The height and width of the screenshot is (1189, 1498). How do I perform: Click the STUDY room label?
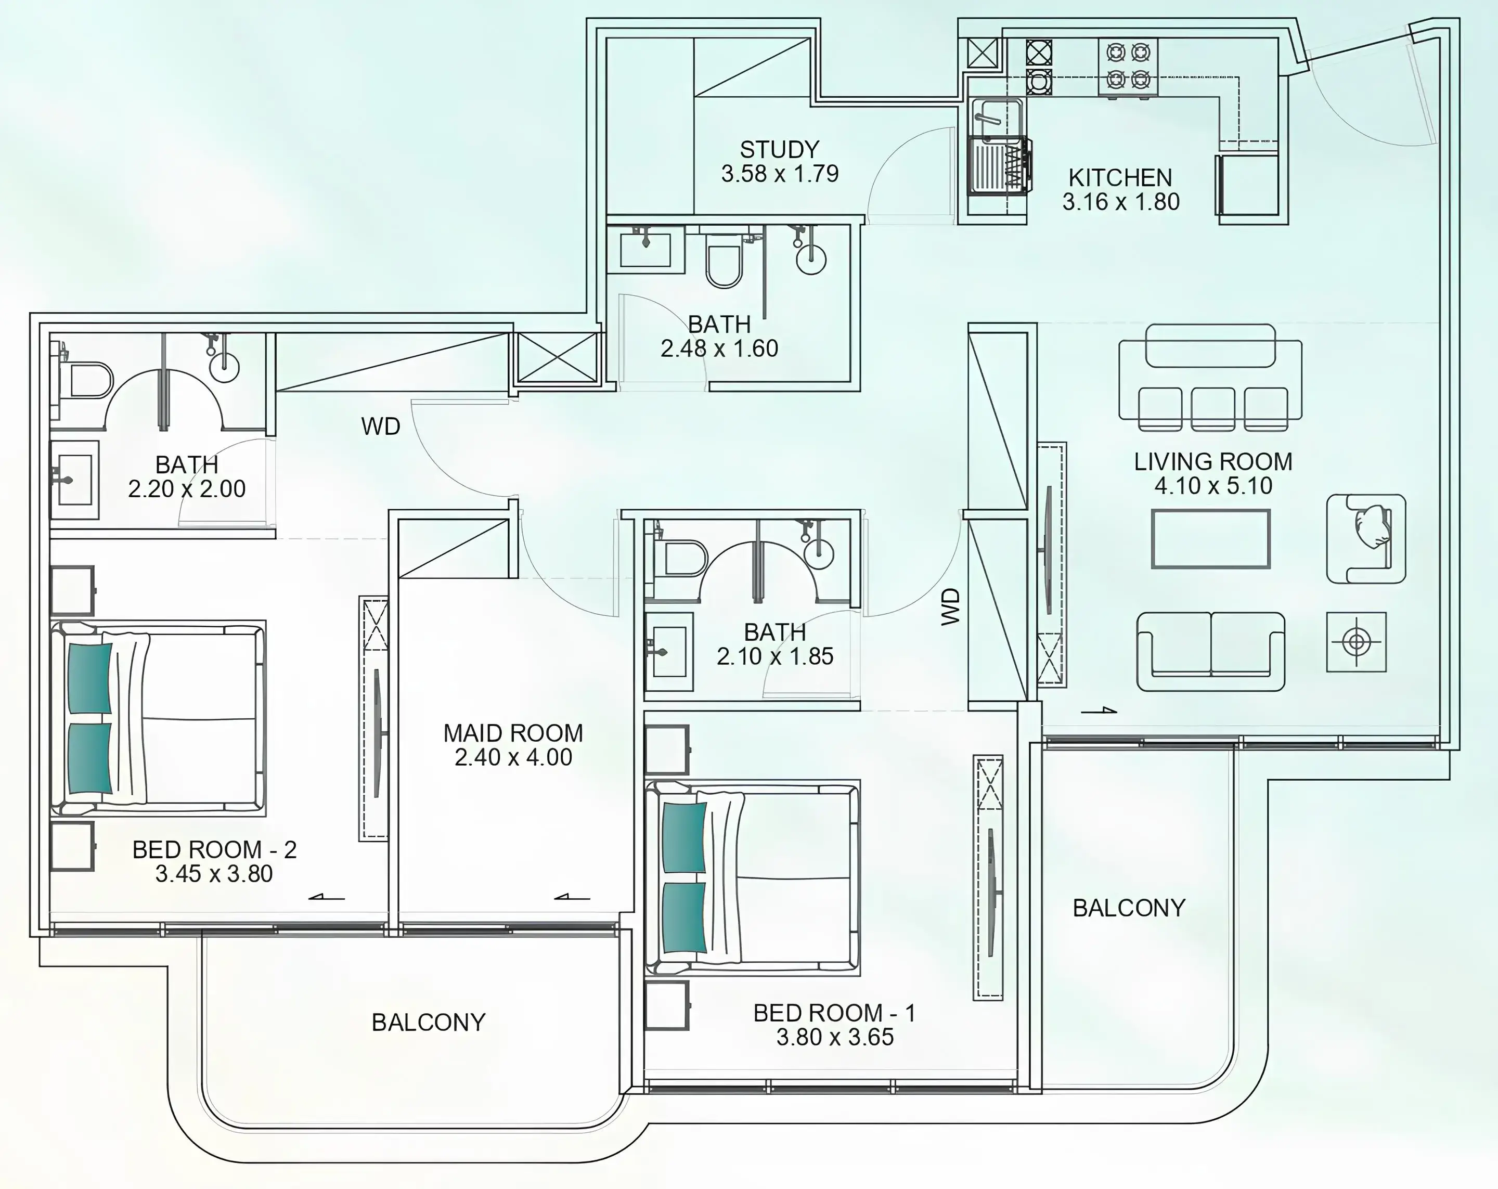pyautogui.click(x=780, y=149)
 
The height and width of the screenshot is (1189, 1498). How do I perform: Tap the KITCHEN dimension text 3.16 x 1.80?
pyautogui.click(x=1121, y=201)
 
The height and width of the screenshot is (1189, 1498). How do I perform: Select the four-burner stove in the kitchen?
pyautogui.click(x=1128, y=67)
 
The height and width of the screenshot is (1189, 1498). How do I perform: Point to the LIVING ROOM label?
pyautogui.click(x=1213, y=461)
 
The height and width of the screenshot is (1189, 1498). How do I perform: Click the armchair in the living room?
pyautogui.click(x=1366, y=538)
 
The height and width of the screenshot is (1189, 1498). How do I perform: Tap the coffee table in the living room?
pyautogui.click(x=1210, y=538)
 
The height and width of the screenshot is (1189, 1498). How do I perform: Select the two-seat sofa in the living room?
pyautogui.click(x=1210, y=651)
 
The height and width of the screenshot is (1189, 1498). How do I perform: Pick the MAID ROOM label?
pyautogui.click(x=513, y=733)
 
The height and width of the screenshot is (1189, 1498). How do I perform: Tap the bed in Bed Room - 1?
pyautogui.click(x=753, y=877)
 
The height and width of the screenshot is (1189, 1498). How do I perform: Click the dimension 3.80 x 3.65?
pyautogui.click(x=835, y=1037)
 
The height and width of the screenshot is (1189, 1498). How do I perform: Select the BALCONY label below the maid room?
pyautogui.click(x=429, y=1022)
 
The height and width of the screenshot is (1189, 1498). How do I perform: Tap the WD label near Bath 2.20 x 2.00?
pyautogui.click(x=381, y=426)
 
